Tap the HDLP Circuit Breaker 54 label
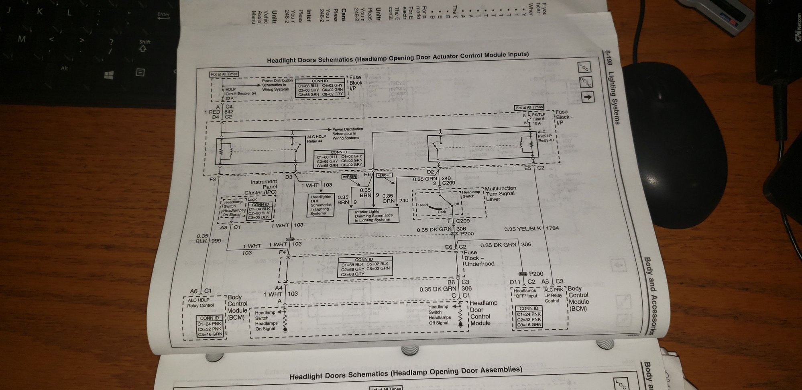click(x=240, y=94)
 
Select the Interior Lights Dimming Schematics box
click(x=374, y=216)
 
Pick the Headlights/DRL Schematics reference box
click(x=321, y=205)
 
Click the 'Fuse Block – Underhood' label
click(x=479, y=258)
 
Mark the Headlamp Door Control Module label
click(x=483, y=313)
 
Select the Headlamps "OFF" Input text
click(x=525, y=293)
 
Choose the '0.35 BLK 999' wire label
click(x=208, y=239)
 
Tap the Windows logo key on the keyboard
click(x=109, y=75)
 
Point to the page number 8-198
click(x=608, y=63)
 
